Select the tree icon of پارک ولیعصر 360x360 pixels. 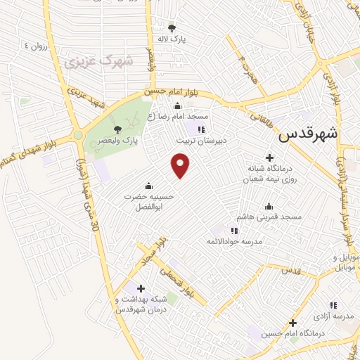point(117,129)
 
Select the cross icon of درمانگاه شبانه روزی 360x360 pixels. point(269,157)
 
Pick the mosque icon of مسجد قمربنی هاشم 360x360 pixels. point(268,206)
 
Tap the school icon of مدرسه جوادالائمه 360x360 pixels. point(234,231)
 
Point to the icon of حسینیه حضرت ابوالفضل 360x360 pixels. point(149,186)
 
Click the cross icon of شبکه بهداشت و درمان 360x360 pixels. point(141,288)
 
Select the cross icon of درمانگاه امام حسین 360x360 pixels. point(293,323)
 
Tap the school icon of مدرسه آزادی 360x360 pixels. point(333,305)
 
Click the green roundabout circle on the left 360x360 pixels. point(78,135)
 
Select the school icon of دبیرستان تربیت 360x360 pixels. point(201,129)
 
